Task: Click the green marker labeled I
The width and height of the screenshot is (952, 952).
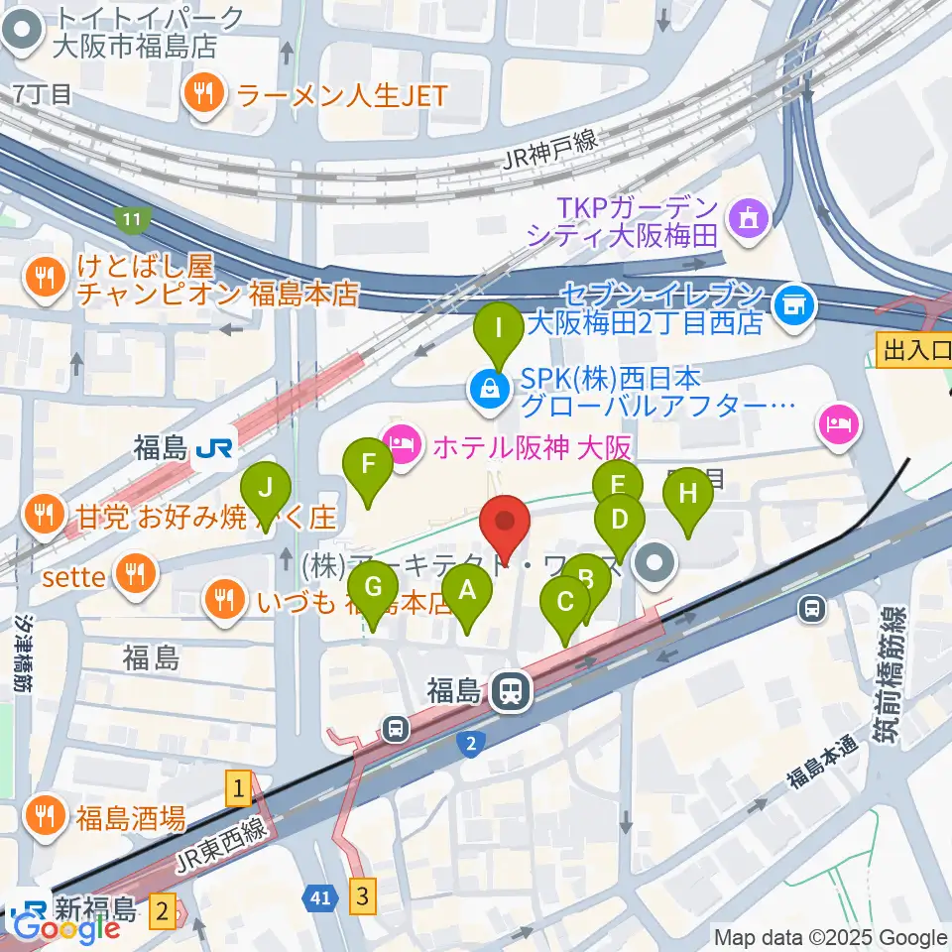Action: click(x=501, y=332)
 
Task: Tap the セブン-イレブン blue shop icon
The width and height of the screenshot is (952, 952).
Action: click(x=795, y=303)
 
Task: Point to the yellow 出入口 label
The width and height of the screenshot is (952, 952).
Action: click(x=912, y=349)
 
